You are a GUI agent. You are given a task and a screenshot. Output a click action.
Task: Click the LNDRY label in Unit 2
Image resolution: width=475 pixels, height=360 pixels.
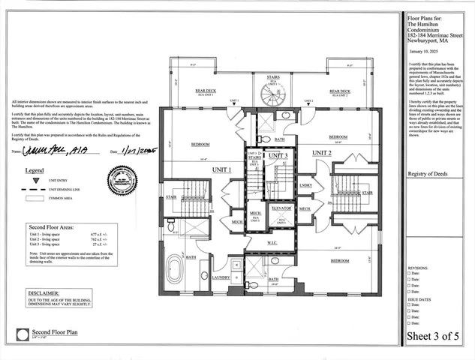[305, 184]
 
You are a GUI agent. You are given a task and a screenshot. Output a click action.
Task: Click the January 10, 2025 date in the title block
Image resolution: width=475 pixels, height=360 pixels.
[424, 52]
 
